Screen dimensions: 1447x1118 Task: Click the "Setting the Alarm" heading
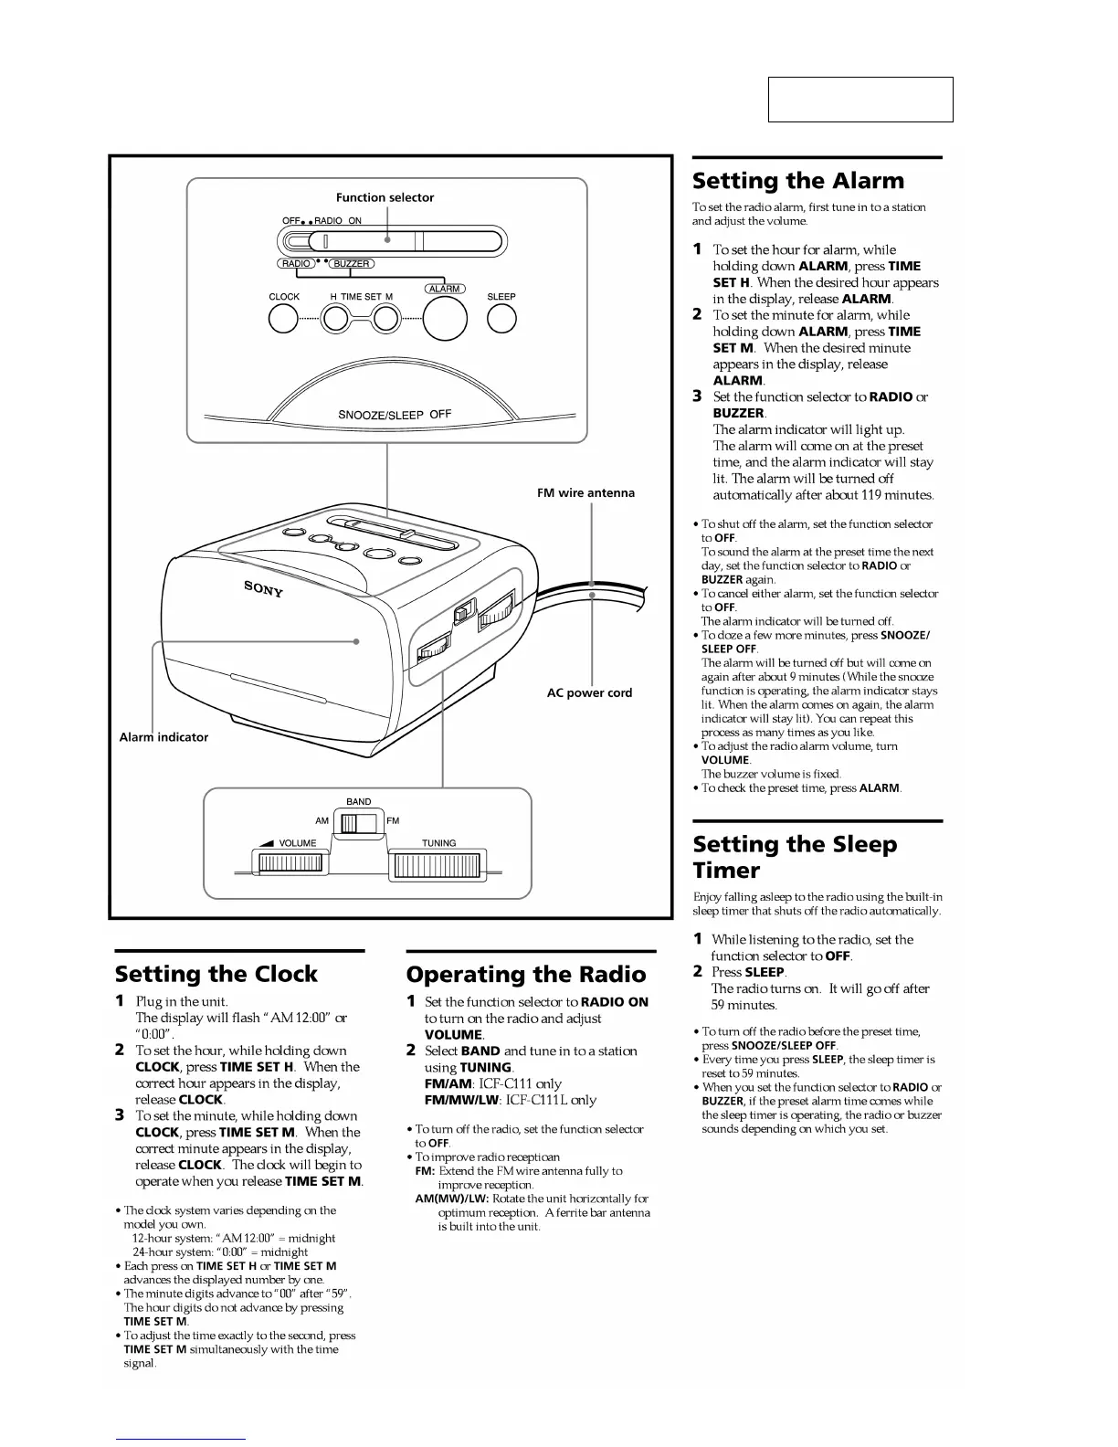(x=797, y=181)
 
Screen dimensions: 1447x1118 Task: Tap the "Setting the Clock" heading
(x=216, y=974)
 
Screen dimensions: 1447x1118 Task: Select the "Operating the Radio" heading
(x=525, y=975)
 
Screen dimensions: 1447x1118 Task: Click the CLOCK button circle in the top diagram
(x=284, y=319)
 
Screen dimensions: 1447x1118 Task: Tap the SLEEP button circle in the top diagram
(x=501, y=319)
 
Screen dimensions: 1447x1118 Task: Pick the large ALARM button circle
(x=445, y=318)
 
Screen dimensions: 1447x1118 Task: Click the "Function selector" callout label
(x=385, y=197)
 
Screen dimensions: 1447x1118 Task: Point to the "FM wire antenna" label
(x=585, y=493)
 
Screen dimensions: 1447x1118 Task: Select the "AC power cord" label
(x=589, y=692)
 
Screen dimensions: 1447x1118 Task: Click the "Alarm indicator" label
(x=163, y=737)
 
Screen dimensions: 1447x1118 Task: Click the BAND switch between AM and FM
(x=357, y=823)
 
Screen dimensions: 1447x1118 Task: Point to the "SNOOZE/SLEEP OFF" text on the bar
(x=395, y=415)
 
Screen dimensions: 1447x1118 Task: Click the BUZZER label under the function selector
(x=351, y=264)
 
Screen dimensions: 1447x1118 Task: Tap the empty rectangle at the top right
(x=860, y=100)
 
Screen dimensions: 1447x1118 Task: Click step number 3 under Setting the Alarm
(x=697, y=396)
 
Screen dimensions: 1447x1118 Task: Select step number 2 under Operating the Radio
(x=411, y=1051)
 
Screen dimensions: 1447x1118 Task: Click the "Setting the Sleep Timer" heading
(x=794, y=857)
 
